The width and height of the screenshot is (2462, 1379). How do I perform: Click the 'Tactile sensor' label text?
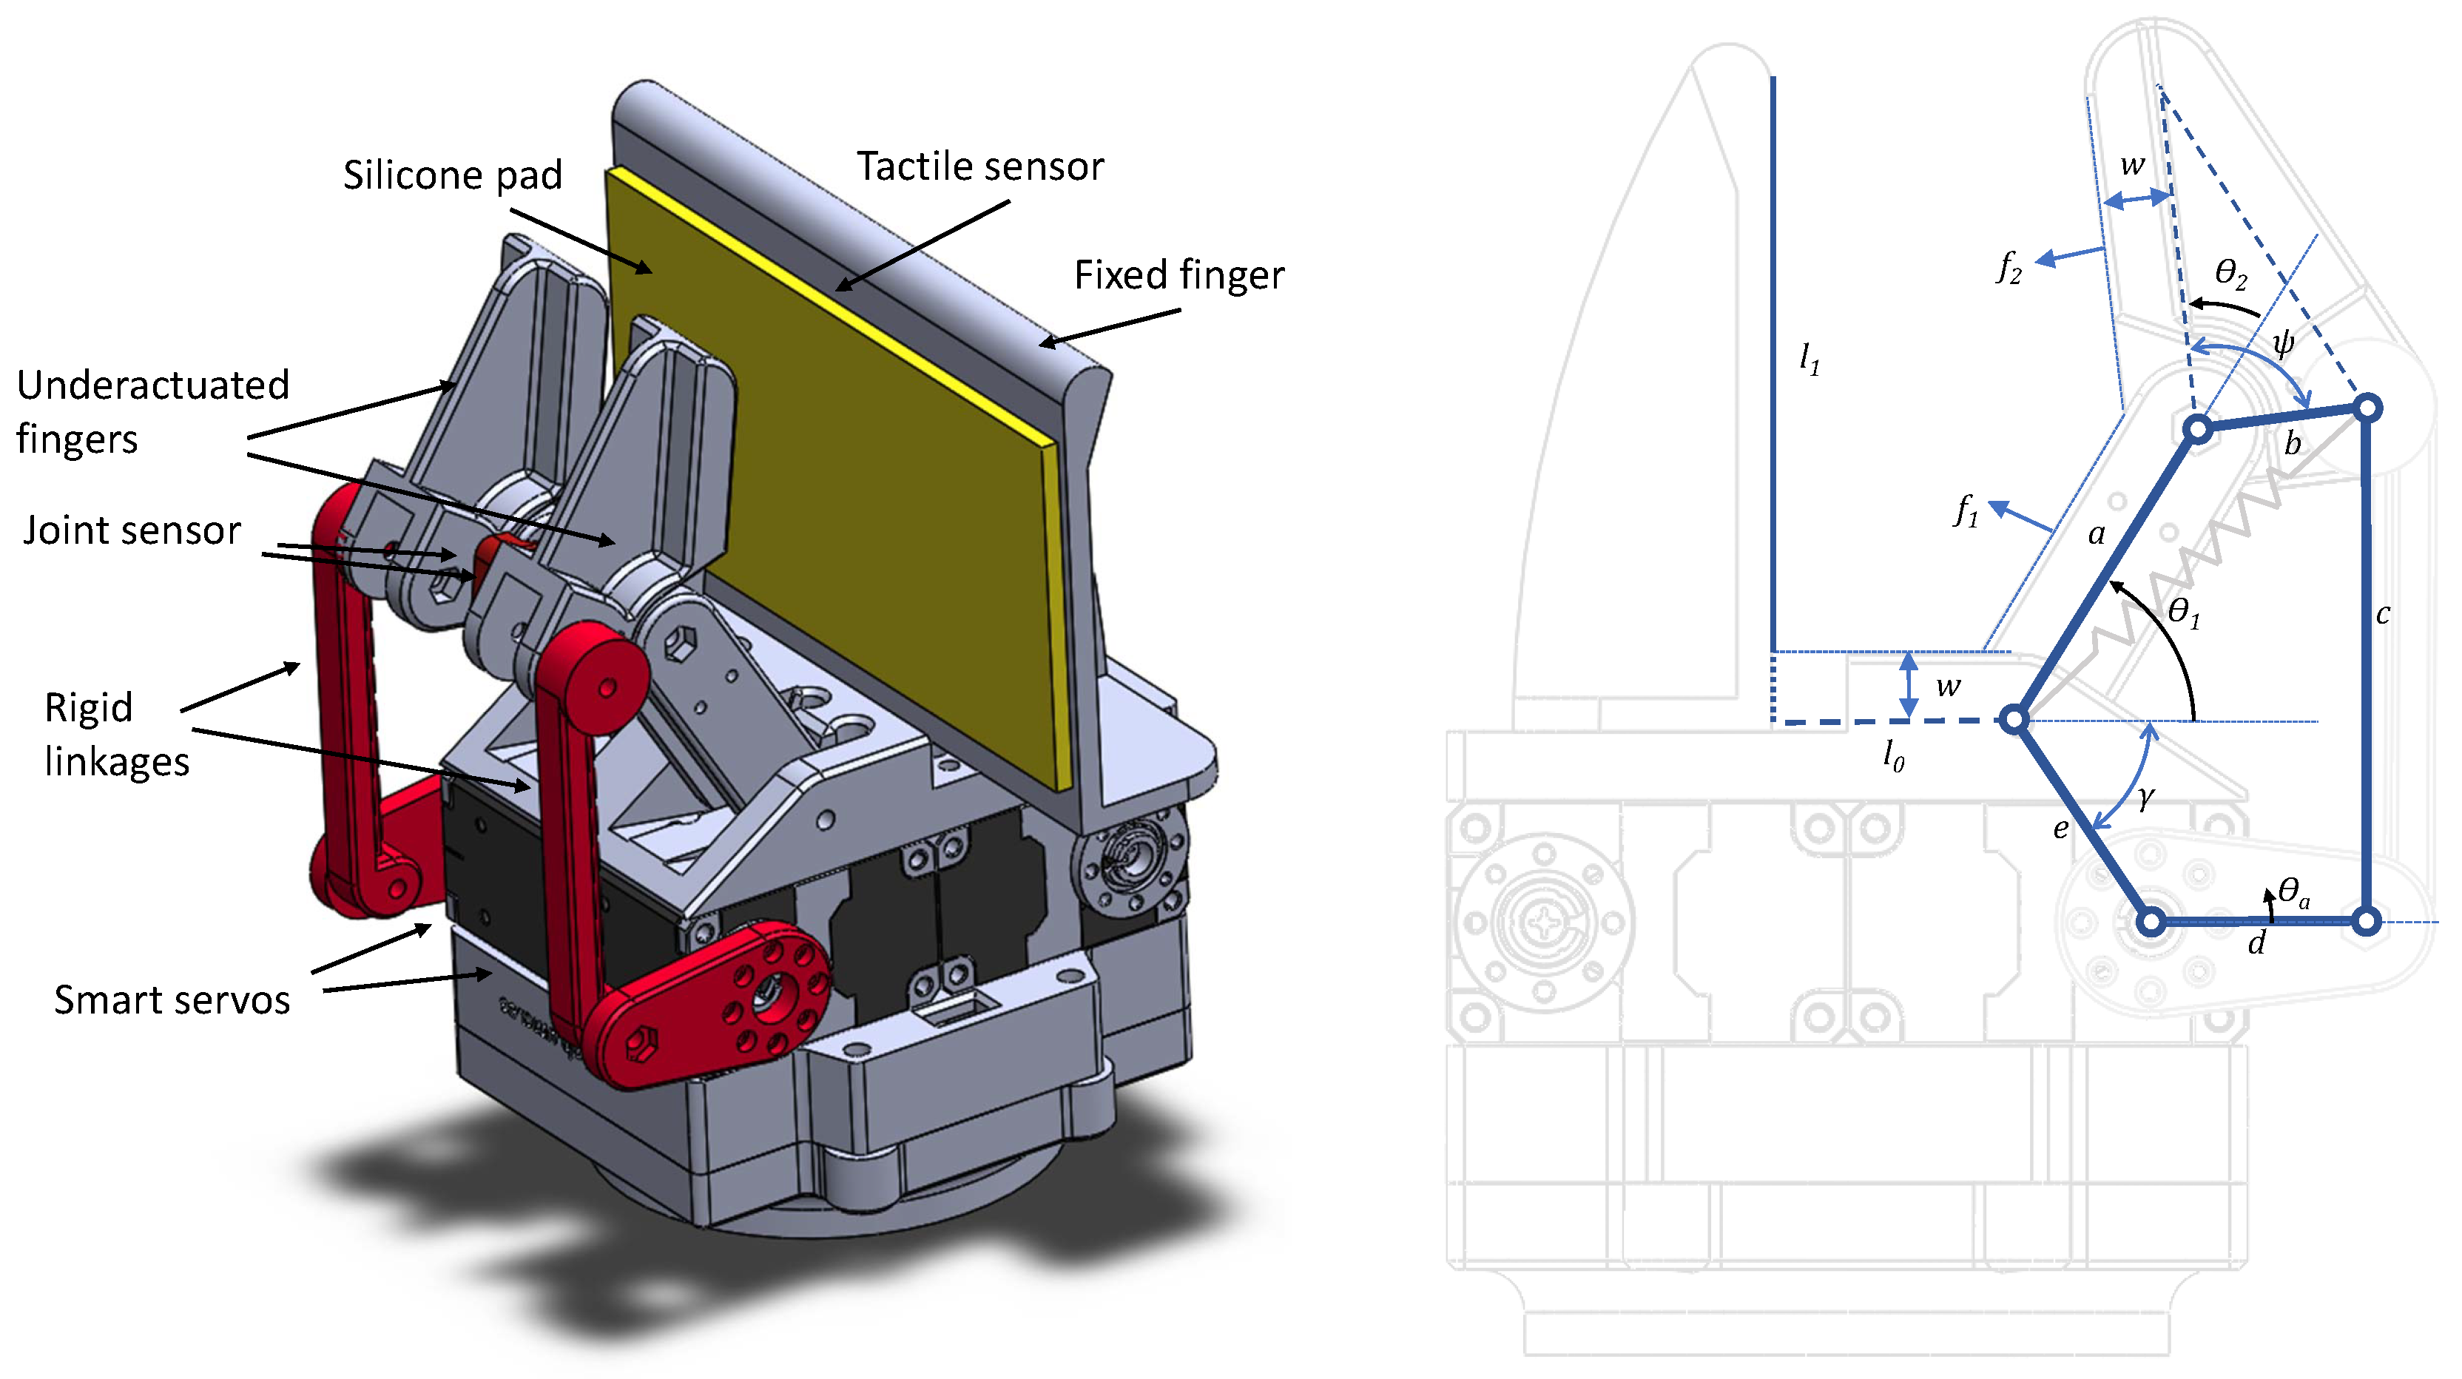pos(979,166)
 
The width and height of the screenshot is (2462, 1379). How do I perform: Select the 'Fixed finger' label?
pos(1178,275)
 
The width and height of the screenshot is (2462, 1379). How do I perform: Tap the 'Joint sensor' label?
pos(132,530)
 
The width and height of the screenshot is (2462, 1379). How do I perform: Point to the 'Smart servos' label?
pos(172,1000)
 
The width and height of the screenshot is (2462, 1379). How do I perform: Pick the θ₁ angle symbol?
pos(2184,612)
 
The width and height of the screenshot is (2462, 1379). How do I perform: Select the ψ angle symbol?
pos(2283,342)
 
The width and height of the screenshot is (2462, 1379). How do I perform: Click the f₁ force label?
pos(1966,510)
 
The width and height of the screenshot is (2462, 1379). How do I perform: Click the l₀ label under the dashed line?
pos(1893,756)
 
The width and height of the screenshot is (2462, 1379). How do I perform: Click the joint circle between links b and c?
pos(2367,408)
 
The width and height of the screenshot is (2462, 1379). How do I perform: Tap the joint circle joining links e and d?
pos(2151,923)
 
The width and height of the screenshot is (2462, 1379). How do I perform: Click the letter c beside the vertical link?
pos(2383,615)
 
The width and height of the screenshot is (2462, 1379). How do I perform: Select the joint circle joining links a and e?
pos(2014,720)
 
